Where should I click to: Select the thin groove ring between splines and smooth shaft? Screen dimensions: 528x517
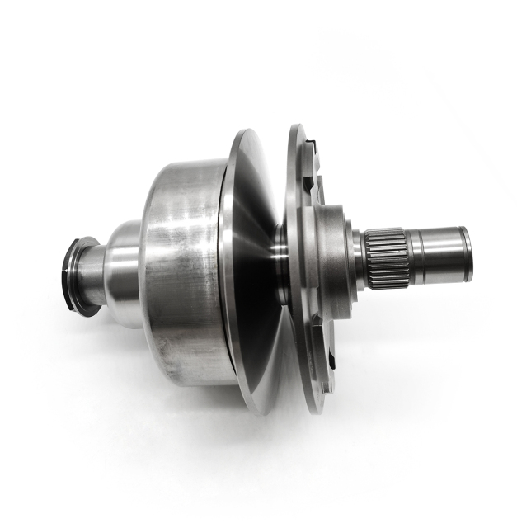[x=413, y=256]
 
